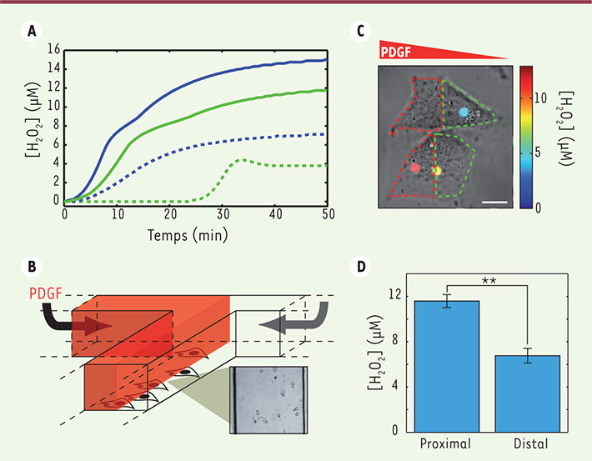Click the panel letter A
[x=32, y=32]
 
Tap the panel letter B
[x=32, y=268]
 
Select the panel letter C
[x=360, y=32]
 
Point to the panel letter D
[x=360, y=268]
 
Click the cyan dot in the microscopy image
[x=464, y=112]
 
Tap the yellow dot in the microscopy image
[x=436, y=170]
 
